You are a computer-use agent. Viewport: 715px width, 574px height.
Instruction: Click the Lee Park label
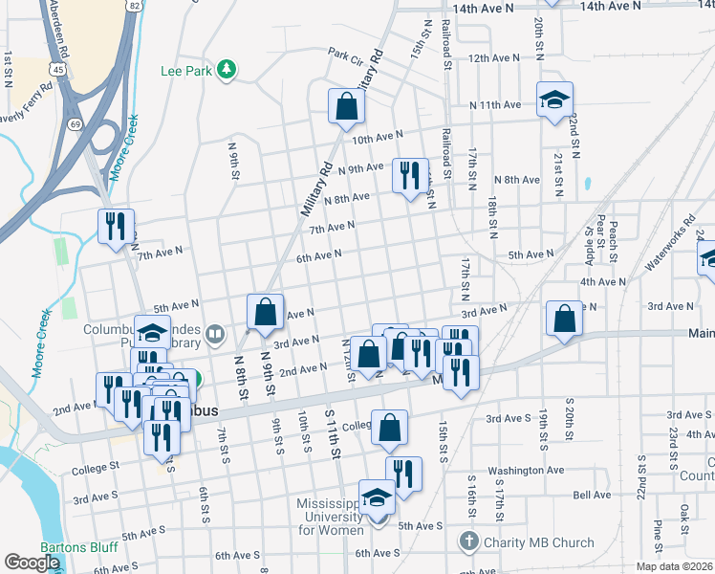tap(185, 70)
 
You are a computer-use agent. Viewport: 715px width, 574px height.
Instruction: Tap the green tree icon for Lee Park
tap(227, 69)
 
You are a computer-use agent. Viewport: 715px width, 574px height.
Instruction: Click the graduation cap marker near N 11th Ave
tap(552, 101)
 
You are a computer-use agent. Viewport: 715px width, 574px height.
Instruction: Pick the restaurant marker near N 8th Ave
tap(410, 176)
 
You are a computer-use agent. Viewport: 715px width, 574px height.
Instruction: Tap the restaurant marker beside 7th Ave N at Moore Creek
tap(116, 228)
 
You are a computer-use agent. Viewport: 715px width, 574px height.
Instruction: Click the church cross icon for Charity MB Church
tap(467, 542)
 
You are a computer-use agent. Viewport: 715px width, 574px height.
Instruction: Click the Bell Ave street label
tap(592, 495)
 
